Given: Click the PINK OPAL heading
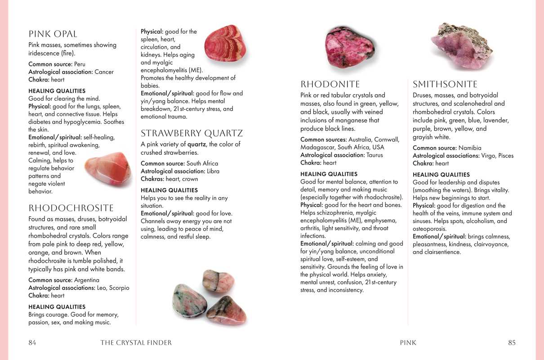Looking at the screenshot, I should [x=53, y=34].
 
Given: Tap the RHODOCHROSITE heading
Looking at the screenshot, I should [x=71, y=208].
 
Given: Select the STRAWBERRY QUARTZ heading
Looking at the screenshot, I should [x=192, y=134].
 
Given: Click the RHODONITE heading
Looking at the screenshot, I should [x=330, y=85].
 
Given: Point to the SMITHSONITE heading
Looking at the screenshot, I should [x=445, y=85].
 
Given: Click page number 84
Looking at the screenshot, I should [x=32, y=342].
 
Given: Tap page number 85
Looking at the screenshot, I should [x=512, y=342].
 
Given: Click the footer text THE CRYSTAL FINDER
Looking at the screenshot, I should [x=136, y=343].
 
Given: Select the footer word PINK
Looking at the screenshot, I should [x=408, y=343].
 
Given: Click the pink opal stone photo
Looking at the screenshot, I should [x=108, y=169].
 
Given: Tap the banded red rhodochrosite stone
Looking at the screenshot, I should [x=225, y=43].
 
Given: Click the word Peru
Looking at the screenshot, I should [x=80, y=64].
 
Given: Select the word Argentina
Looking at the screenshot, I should [x=87, y=280].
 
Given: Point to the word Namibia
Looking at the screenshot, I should [x=470, y=148].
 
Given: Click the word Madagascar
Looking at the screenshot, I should [x=318, y=148].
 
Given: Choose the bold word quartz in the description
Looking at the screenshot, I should [x=196, y=144].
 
